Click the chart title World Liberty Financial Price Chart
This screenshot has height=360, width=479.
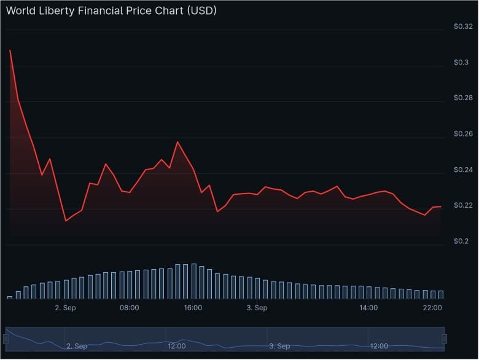pos(111,11)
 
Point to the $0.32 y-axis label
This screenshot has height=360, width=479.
pos(462,26)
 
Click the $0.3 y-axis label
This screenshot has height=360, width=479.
pos(461,62)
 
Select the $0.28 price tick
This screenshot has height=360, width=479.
pos(462,98)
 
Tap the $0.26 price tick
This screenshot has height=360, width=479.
pos(462,133)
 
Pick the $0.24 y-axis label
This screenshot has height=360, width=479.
pos(462,170)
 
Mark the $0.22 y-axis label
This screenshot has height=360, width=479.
pos(462,205)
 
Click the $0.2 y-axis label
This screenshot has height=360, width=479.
pos(461,241)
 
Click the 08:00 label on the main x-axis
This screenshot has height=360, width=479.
pos(129,308)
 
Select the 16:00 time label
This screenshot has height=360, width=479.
pos(193,308)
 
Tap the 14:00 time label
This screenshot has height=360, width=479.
pos(368,308)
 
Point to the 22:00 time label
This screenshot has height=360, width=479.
pos(432,308)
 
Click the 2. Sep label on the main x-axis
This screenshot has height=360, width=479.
pos(66,308)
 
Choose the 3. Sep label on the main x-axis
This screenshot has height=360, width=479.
pos(257,308)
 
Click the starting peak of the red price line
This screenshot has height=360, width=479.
pos(10,50)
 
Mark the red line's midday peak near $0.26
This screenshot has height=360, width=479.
pos(177,142)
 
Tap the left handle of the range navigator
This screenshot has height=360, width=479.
pos(6,338)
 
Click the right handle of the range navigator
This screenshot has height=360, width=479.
pos(444,338)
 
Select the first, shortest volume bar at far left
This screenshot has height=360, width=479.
pos(10,297)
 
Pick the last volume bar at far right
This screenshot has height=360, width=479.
pos(440,294)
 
